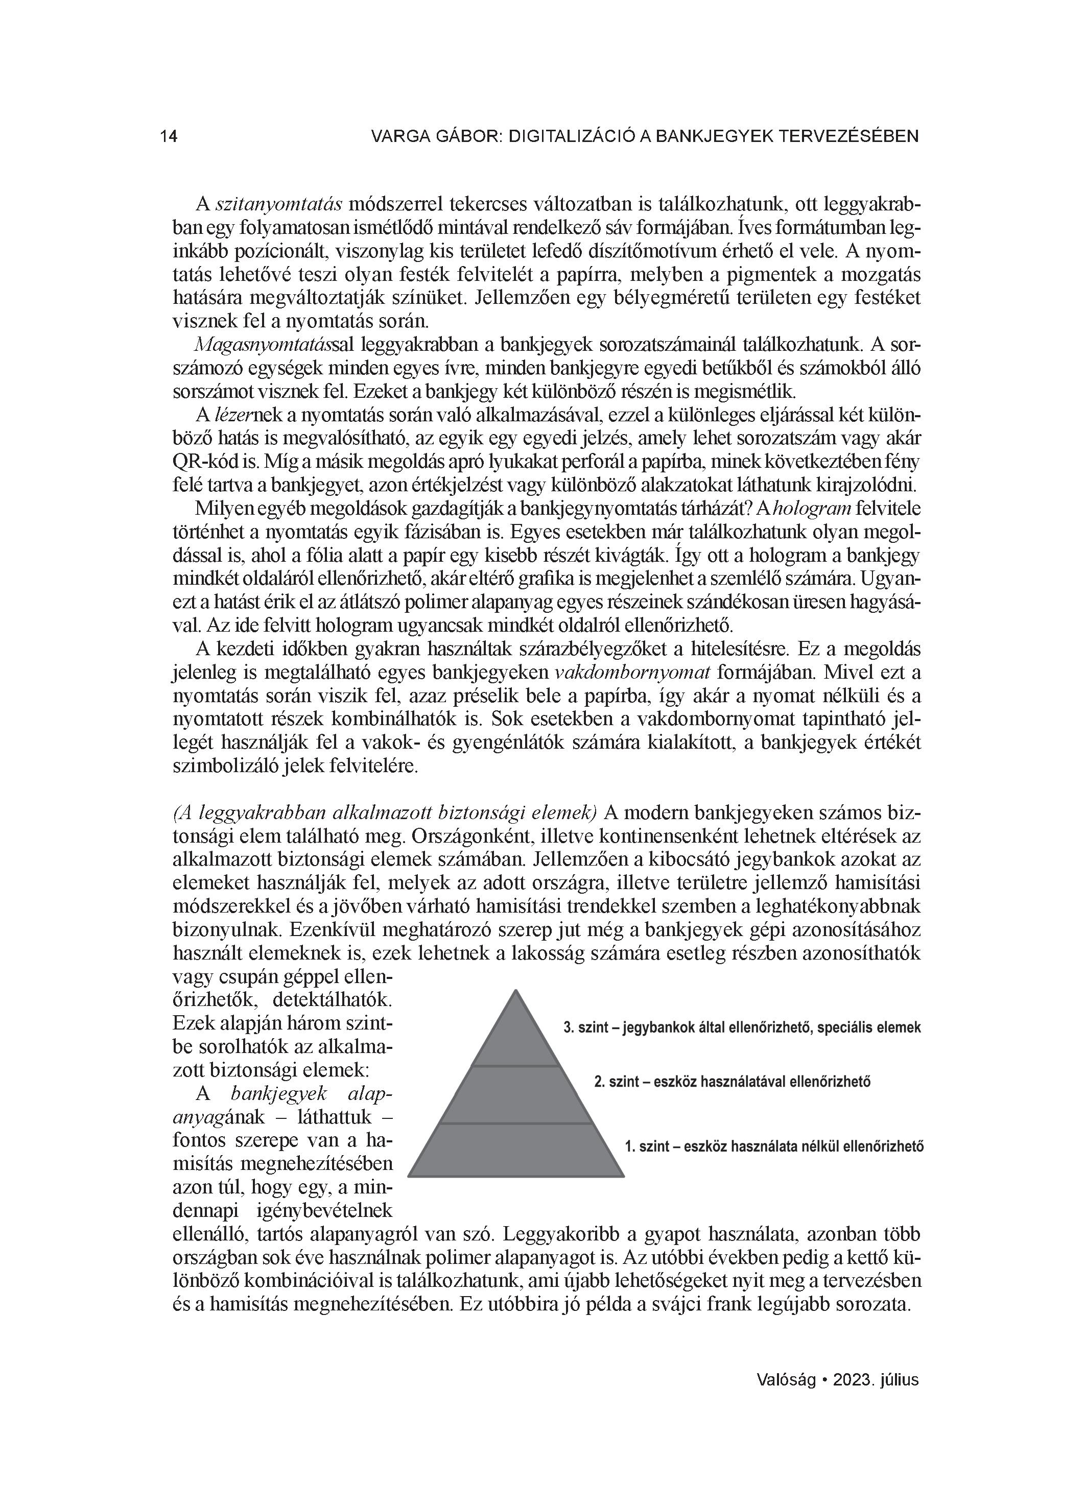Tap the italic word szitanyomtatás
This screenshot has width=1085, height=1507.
[x=279, y=203]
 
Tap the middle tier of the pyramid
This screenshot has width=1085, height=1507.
[x=515, y=1094]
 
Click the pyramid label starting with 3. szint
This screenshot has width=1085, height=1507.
[x=742, y=1028]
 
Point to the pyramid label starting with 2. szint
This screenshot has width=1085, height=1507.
[x=732, y=1081]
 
